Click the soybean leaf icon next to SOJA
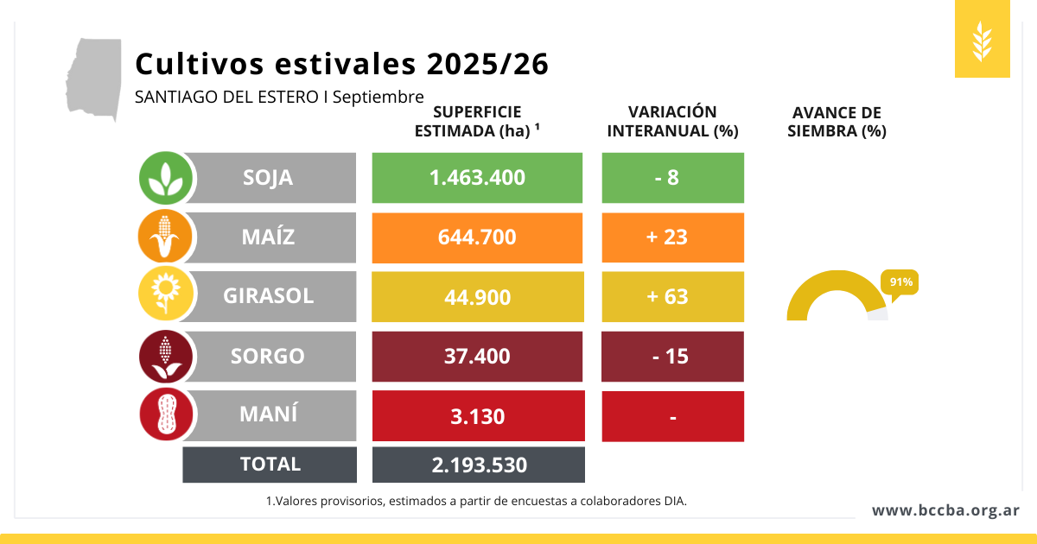(x=165, y=178)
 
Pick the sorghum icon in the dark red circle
(x=165, y=356)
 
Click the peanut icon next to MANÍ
(x=165, y=415)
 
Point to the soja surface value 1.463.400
(x=478, y=178)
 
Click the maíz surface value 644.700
(x=478, y=237)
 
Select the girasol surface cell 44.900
(x=478, y=297)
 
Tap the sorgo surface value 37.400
(x=478, y=357)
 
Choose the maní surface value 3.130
(x=478, y=416)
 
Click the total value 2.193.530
(x=478, y=465)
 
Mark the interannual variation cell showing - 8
(x=672, y=178)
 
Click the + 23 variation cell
(x=672, y=237)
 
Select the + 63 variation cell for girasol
(x=672, y=297)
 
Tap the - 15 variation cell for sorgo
(x=672, y=357)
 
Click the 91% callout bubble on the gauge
(x=899, y=282)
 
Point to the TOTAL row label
(x=270, y=465)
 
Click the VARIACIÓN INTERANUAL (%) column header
(x=672, y=122)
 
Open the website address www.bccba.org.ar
(x=945, y=510)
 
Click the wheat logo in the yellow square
(x=982, y=41)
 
